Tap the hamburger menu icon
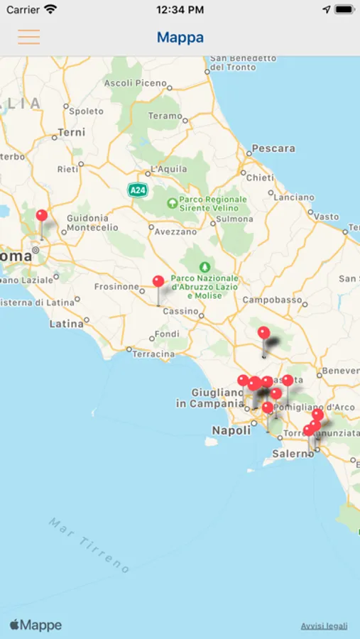[x=29, y=37]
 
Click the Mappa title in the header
[x=180, y=38]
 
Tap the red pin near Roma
[x=42, y=215]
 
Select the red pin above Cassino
[x=158, y=281]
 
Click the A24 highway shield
[x=138, y=190]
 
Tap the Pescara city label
[x=273, y=148]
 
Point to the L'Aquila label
[x=170, y=170]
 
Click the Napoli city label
[x=231, y=430]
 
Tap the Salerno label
[x=293, y=453]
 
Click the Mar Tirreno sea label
[x=89, y=545]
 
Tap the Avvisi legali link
[x=324, y=626]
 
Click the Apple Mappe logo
[x=36, y=626]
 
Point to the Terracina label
[x=153, y=354]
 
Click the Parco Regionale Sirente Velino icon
[x=172, y=204]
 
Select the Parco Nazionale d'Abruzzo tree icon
[x=205, y=267]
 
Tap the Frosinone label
[x=118, y=287]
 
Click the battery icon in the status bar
[x=344, y=10]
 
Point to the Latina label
[x=66, y=324]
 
